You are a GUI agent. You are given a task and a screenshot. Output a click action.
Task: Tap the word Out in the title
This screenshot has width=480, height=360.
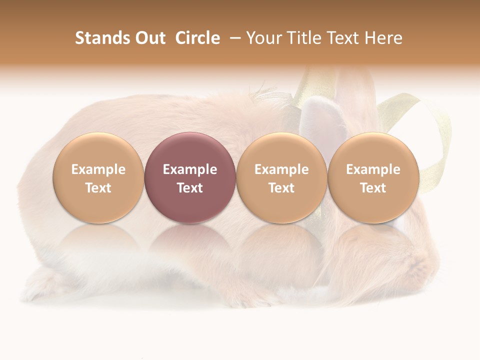pyautogui.click(x=148, y=38)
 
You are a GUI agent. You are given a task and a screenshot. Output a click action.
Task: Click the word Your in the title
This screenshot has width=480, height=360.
pyautogui.click(x=262, y=38)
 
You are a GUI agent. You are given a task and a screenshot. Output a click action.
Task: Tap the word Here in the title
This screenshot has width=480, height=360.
pyautogui.click(x=383, y=38)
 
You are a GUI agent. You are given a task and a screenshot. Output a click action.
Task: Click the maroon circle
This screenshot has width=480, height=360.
pyautogui.click(x=190, y=150)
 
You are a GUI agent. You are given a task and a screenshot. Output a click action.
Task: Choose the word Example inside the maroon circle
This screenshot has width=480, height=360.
pyautogui.click(x=190, y=169)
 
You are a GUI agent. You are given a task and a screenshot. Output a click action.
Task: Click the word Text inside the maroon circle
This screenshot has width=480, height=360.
pyautogui.click(x=190, y=188)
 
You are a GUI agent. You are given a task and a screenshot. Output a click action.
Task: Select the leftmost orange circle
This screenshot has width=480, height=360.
pyautogui.click(x=98, y=150)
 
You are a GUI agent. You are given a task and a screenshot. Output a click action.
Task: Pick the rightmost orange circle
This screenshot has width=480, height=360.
pyautogui.click(x=373, y=150)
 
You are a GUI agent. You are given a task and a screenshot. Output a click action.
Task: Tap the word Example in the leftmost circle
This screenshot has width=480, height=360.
pyautogui.click(x=98, y=169)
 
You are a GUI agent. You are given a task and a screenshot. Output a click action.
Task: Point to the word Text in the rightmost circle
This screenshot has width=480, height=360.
pyautogui.click(x=373, y=188)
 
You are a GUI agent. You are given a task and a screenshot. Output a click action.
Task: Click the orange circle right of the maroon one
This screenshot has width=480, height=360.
pyautogui.click(x=281, y=150)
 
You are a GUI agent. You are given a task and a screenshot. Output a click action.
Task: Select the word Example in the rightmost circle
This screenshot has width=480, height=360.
pyautogui.click(x=373, y=169)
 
